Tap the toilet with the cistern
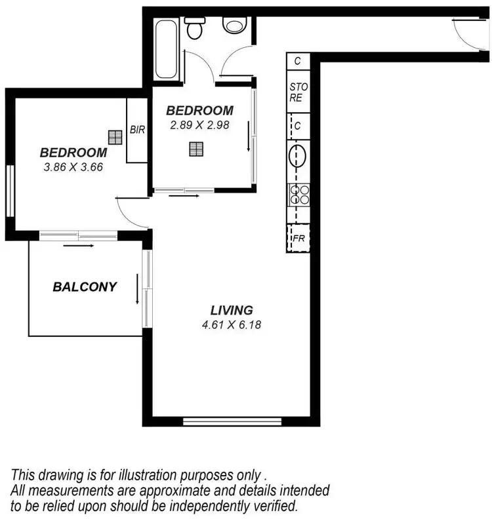click(x=195, y=28)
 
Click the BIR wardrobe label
click(x=137, y=130)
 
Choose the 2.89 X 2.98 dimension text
click(x=199, y=125)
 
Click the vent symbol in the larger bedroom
click(x=115, y=137)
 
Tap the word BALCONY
click(x=85, y=286)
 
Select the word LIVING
click(x=232, y=310)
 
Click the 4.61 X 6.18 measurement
click(x=232, y=324)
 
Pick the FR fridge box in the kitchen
click(x=298, y=239)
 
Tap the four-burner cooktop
click(x=298, y=195)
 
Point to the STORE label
click(x=297, y=92)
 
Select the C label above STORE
click(x=298, y=61)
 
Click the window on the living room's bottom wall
click(x=232, y=421)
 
